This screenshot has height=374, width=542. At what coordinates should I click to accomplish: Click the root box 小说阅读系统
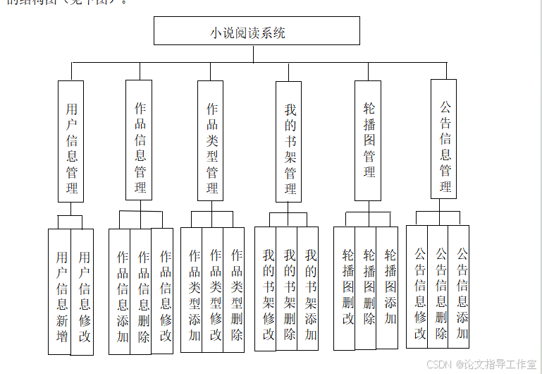pyautogui.click(x=257, y=31)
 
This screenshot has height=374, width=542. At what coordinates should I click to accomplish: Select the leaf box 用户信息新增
pyautogui.click(x=61, y=291)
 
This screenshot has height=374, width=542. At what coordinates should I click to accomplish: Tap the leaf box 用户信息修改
pyautogui.click(x=83, y=291)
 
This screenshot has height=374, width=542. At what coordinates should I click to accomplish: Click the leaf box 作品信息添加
pyautogui.click(x=121, y=291)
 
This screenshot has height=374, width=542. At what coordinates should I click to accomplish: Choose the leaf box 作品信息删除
pyautogui.click(x=142, y=291)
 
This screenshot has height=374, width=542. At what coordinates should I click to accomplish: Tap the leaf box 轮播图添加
pyautogui.click(x=388, y=288)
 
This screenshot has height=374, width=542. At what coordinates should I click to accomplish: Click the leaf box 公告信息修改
pyautogui.click(x=418, y=286)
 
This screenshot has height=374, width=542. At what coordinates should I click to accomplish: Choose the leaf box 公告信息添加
pyautogui.click(x=460, y=286)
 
